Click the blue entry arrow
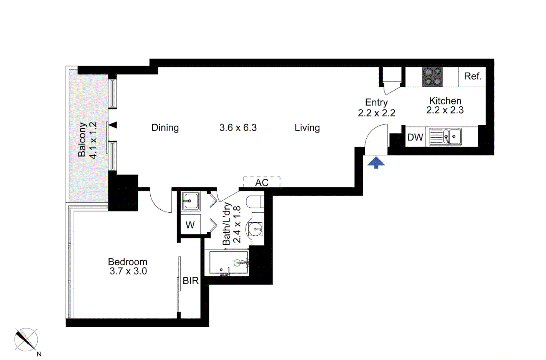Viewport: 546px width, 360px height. click(377, 162)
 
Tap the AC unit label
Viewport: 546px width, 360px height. click(262, 182)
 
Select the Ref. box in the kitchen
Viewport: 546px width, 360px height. click(473, 76)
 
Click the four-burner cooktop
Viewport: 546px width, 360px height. click(432, 76)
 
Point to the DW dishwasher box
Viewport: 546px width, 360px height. click(415, 137)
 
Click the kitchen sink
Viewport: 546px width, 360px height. click(445, 137)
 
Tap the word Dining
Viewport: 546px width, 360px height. click(165, 128)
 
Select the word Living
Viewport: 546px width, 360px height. click(307, 128)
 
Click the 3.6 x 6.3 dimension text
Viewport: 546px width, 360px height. click(238, 128)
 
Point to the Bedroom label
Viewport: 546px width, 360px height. click(127, 262)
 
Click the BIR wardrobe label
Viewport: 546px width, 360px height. click(190, 281)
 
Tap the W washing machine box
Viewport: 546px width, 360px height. click(190, 225)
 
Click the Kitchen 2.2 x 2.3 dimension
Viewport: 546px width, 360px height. click(445, 110)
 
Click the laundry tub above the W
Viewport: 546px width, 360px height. click(190, 200)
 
